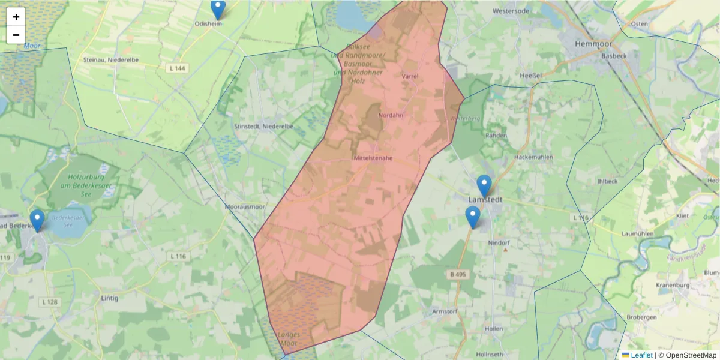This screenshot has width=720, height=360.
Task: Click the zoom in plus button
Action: [16, 17]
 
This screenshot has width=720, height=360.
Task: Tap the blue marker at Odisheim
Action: [218, 9]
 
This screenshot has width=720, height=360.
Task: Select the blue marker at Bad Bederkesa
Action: [37, 220]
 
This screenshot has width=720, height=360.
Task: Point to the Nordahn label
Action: [391, 115]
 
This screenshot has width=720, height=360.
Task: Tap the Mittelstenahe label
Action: [373, 158]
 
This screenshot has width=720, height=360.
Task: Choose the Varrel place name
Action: [410, 76]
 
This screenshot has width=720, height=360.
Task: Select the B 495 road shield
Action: [457, 274]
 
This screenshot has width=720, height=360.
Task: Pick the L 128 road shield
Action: [50, 301]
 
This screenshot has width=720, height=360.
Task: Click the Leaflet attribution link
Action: [641, 355]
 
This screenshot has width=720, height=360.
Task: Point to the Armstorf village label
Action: [445, 312]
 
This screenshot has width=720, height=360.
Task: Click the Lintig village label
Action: [110, 298]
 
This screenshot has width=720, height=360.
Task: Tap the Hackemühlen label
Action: [533, 157]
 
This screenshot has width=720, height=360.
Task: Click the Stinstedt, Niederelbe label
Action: [263, 127]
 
